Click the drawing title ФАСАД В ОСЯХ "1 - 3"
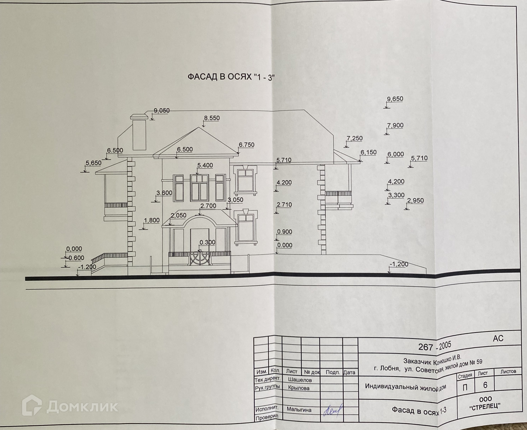(x=231, y=77)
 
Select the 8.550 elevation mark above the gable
(x=212, y=118)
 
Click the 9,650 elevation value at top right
(x=395, y=99)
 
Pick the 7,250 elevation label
(x=354, y=138)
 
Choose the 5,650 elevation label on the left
(x=93, y=163)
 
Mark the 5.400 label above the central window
(x=205, y=166)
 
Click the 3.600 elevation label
(x=164, y=193)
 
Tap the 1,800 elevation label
(x=151, y=220)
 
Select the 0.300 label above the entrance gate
(x=207, y=242)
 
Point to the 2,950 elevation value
(x=415, y=201)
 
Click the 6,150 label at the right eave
(x=368, y=153)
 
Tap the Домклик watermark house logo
(x=32, y=405)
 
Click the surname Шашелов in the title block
(x=299, y=380)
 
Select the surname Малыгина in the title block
(x=299, y=410)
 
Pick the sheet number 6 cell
(x=485, y=385)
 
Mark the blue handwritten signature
(x=332, y=411)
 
